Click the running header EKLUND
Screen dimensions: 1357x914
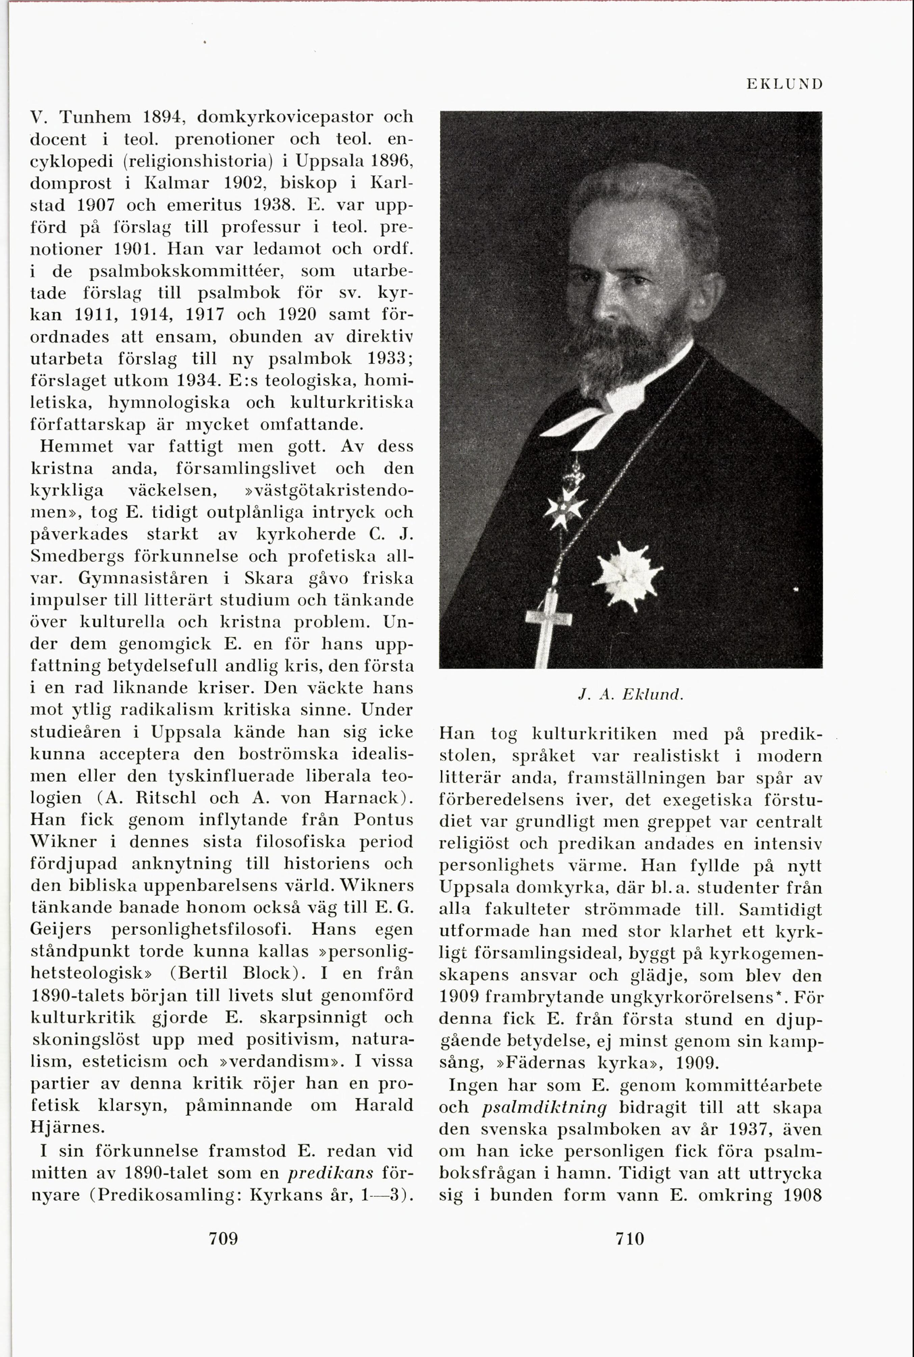(x=784, y=84)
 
